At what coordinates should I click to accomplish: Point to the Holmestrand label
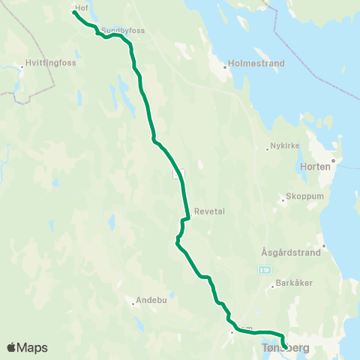pos(256,64)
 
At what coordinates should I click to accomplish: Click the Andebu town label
pos(151,301)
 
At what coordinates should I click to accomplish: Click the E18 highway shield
pos(265,268)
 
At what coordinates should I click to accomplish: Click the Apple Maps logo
pos(28,347)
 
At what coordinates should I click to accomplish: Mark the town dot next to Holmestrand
pos(225,66)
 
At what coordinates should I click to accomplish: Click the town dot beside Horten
pos(335,160)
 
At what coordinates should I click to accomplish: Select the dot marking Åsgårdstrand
pos(323,246)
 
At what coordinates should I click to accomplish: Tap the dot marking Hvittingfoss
pos(23,67)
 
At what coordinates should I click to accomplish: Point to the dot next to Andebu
pos(133,304)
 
